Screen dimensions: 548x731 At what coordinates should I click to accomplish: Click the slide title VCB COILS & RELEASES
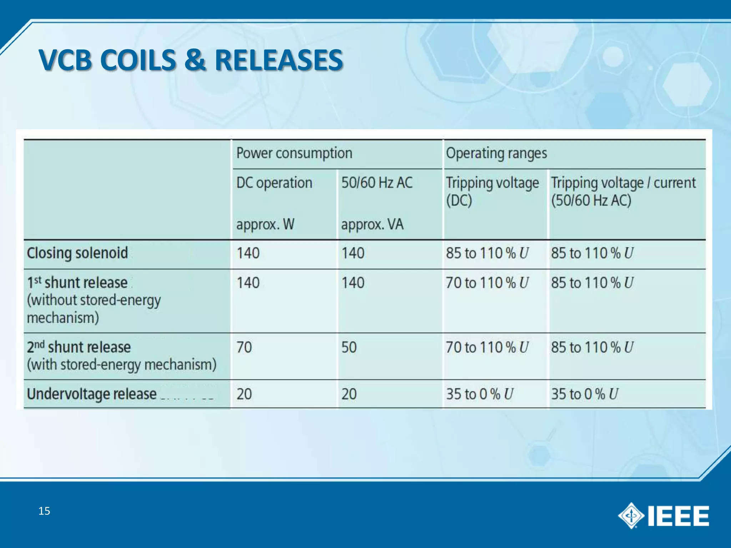(x=191, y=60)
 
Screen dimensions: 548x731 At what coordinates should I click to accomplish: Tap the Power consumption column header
(x=294, y=153)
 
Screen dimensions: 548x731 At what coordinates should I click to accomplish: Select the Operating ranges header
(x=496, y=153)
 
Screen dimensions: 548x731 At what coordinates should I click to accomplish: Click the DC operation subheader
(x=274, y=183)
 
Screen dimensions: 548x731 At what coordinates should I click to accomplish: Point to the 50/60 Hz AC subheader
(x=377, y=183)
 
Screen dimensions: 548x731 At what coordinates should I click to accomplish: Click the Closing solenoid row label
(x=77, y=253)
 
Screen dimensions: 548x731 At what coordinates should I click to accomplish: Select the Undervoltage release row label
(x=92, y=394)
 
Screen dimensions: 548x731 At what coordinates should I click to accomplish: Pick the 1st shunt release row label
(x=77, y=283)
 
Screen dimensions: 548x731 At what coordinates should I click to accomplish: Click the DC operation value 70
(x=244, y=347)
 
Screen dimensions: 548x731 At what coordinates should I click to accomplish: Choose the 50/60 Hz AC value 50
(x=349, y=347)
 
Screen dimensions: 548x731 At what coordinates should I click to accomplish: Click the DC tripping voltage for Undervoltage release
(x=479, y=394)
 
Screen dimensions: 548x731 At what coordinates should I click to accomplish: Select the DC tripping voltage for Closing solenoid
(x=487, y=253)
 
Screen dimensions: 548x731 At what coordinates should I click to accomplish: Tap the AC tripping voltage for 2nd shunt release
(x=592, y=347)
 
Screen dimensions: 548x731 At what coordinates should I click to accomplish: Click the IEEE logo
(x=663, y=516)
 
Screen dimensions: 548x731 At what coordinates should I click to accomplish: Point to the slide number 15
(x=44, y=511)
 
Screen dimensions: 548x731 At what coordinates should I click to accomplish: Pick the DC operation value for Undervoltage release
(x=244, y=394)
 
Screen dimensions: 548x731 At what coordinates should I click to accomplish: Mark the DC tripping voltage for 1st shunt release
(x=487, y=283)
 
